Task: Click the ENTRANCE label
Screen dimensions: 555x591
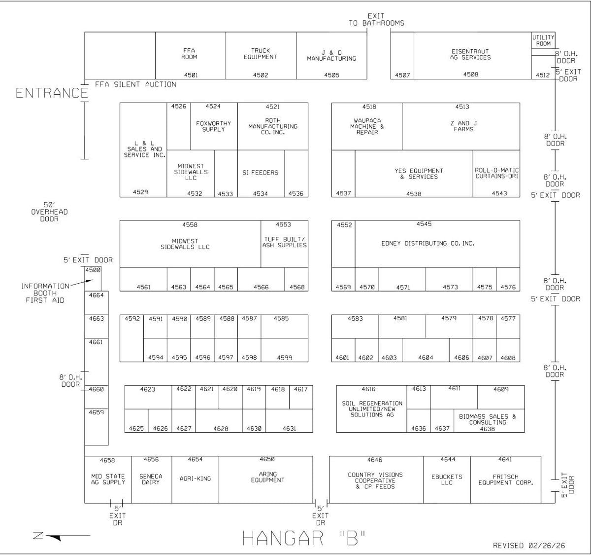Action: point(51,93)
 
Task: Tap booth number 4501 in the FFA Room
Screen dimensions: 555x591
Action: point(191,75)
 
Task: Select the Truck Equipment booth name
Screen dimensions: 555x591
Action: point(261,54)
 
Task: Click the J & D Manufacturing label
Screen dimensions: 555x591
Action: point(331,55)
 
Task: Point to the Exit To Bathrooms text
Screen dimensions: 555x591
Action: point(376,20)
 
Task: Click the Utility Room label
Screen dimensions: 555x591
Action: point(543,40)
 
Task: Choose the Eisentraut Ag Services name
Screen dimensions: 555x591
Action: point(471,54)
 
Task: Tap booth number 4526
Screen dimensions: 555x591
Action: point(178,107)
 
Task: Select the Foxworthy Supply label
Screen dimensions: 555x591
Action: point(213,126)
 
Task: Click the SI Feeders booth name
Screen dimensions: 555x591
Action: point(260,173)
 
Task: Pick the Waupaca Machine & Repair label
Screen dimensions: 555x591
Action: point(367,126)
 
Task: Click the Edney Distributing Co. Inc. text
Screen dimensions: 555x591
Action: point(427,243)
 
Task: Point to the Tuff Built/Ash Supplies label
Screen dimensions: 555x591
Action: point(284,242)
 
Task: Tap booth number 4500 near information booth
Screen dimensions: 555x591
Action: point(93,270)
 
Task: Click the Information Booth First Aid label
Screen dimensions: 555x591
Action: point(45,293)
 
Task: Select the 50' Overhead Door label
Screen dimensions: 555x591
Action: point(49,212)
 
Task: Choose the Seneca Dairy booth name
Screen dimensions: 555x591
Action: point(151,479)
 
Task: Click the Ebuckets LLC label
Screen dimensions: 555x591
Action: point(447,480)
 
